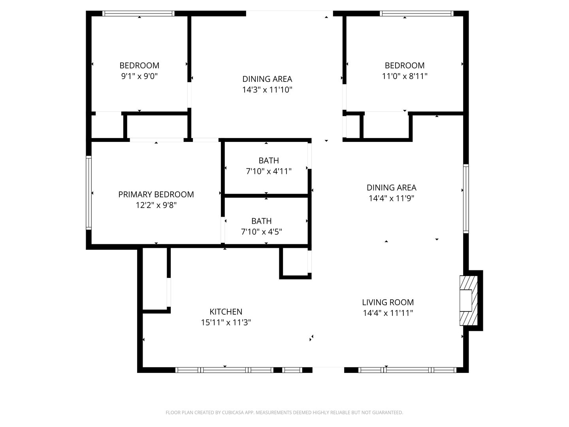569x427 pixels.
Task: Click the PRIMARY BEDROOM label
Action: click(156, 195)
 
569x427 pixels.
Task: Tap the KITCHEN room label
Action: click(226, 312)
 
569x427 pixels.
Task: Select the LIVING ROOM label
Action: click(388, 302)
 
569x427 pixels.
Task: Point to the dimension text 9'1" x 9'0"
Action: click(139, 76)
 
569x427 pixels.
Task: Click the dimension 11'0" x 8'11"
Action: click(404, 76)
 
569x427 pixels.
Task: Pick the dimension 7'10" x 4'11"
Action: click(269, 171)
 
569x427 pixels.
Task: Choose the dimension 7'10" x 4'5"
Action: click(261, 232)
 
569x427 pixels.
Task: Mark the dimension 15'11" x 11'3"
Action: click(226, 322)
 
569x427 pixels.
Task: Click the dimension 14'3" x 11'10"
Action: click(267, 90)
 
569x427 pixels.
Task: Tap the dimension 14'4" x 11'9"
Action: click(391, 198)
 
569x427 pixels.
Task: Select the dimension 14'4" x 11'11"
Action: click(388, 313)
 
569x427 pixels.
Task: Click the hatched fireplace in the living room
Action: click(468, 300)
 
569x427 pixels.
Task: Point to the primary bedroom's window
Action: click(89, 193)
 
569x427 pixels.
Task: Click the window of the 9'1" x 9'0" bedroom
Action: click(138, 13)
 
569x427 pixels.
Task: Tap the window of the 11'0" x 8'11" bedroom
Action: click(416, 13)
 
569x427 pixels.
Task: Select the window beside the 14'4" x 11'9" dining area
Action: click(466, 198)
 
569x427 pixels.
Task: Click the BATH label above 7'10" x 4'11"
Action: click(269, 161)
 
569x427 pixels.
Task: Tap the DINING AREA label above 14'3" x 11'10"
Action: click(267, 79)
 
